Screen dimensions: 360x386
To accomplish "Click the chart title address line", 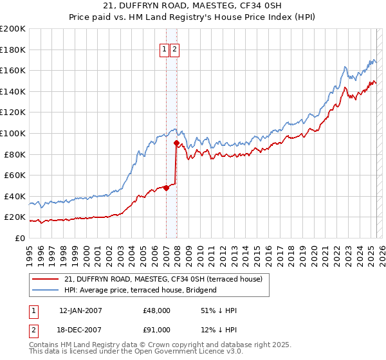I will (x=192, y=6).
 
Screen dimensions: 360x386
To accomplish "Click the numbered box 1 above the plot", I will (x=164, y=49).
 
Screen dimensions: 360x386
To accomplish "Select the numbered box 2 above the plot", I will (x=174, y=49).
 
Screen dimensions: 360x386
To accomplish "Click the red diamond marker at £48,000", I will (x=166, y=188).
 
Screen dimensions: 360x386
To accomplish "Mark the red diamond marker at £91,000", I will (x=176, y=143).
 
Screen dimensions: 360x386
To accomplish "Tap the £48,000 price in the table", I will (x=157, y=310).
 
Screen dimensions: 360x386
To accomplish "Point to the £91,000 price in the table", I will (x=157, y=330).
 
